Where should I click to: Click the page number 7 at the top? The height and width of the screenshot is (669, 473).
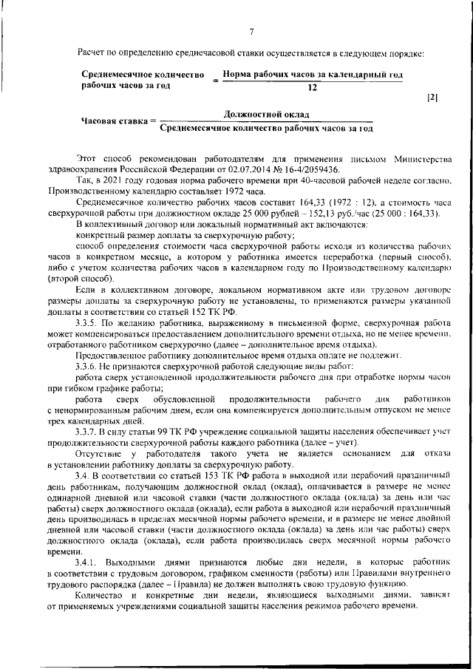coord(251,31)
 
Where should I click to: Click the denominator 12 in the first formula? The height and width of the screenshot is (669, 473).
coord(311,86)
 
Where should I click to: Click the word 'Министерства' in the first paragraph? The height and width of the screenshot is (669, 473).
coord(418,158)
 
